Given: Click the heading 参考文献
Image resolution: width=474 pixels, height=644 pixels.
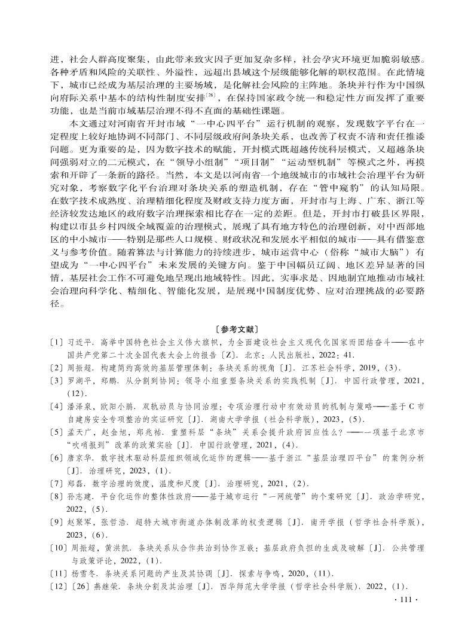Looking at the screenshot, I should (237, 329).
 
